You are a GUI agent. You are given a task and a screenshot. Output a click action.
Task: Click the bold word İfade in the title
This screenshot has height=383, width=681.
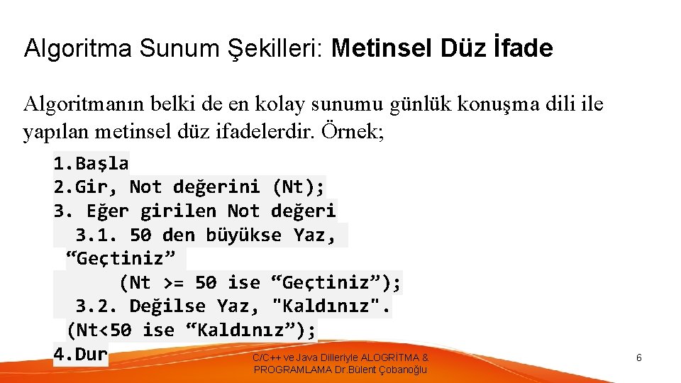point(521,48)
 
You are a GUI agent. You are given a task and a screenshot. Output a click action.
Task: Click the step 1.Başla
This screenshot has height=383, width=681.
point(91,163)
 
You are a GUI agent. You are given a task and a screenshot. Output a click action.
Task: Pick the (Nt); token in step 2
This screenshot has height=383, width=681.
point(298,187)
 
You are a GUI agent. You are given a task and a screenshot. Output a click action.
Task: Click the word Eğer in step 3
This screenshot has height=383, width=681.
point(108,211)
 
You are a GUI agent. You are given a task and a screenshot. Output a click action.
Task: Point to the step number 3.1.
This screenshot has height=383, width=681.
point(97,235)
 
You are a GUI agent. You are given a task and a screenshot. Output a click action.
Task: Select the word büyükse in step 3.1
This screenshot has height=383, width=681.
point(243,235)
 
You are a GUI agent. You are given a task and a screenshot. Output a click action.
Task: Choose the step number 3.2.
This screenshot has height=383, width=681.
point(97,306)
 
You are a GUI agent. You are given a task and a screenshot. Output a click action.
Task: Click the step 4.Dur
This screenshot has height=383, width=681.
point(80,354)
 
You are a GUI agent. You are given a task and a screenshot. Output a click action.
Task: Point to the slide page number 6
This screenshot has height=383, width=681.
point(638,358)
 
